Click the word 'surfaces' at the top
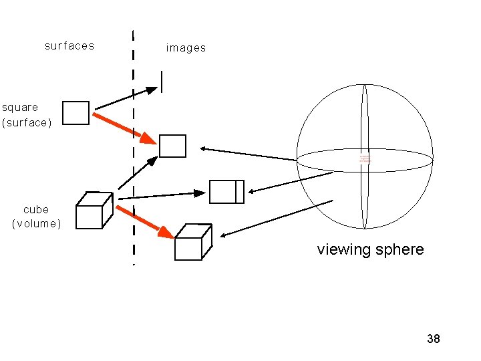(x=69, y=46)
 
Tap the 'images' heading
(x=186, y=48)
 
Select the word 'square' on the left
(x=20, y=107)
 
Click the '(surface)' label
(x=27, y=123)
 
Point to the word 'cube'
(x=36, y=209)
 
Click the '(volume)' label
(x=36, y=224)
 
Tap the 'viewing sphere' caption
(x=370, y=250)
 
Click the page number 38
(x=434, y=339)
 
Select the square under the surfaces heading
(x=75, y=113)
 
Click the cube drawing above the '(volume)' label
(x=92, y=211)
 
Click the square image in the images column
(x=172, y=146)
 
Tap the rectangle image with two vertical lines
(x=226, y=191)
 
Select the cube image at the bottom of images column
(x=192, y=242)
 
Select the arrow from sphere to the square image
(x=247, y=154)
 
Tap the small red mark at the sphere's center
(x=364, y=159)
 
